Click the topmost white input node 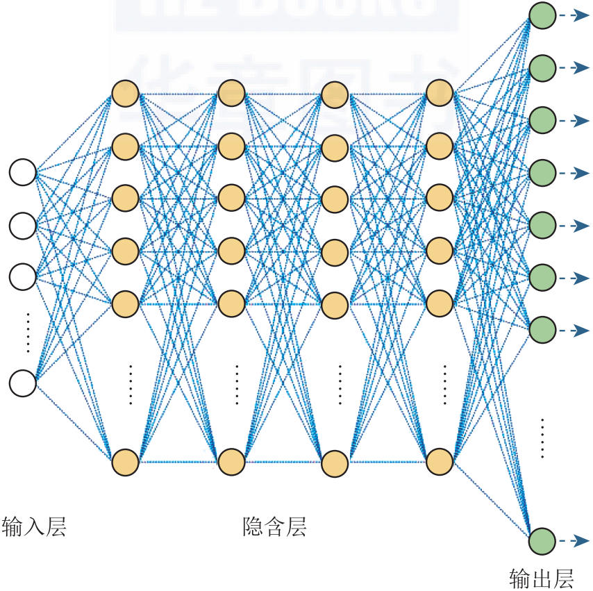22,172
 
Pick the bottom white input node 22,383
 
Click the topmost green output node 542,16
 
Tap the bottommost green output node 542,541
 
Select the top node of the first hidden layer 126,94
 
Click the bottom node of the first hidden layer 126,462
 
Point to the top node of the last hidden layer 440,92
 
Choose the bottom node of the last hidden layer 440,461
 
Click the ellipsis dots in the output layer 542,438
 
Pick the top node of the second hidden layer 231,94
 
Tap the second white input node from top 22,224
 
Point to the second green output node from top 542,68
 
